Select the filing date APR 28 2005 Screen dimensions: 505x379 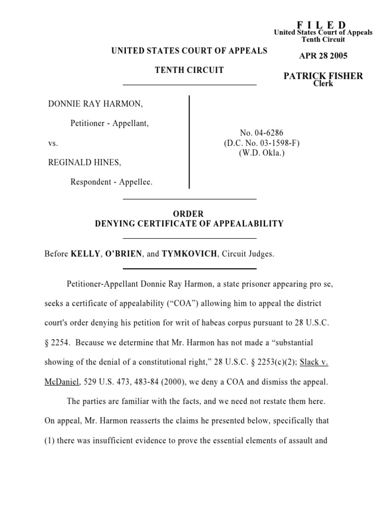tap(323, 56)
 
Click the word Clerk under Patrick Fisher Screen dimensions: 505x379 tap(323, 83)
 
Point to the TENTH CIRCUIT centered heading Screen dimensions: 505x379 tap(189, 70)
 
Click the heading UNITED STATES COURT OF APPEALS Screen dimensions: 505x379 tap(189, 51)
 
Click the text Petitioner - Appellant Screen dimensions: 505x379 tap(110, 123)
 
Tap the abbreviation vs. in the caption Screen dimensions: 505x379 tap(53, 143)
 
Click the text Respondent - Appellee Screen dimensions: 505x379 tap(112, 182)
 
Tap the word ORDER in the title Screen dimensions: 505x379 tap(189, 214)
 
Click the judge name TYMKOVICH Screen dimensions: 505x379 tap(189, 254)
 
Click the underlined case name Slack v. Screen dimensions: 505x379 tap(314, 361)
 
